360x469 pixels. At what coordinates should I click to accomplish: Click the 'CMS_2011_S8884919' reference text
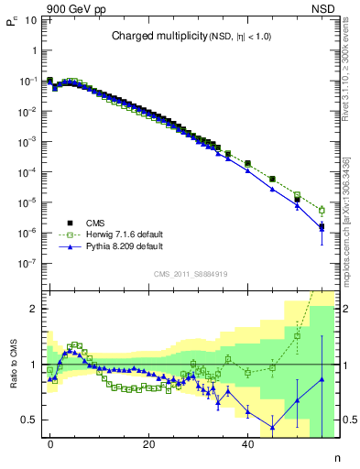pos(191,273)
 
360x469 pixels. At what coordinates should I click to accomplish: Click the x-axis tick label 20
pos(148,444)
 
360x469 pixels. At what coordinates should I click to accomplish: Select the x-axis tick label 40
pos(247,444)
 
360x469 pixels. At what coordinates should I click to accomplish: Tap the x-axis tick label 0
pos(50,444)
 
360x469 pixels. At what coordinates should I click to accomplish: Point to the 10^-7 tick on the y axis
pos(29,263)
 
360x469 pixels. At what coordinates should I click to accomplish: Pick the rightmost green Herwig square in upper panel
pos(322,211)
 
